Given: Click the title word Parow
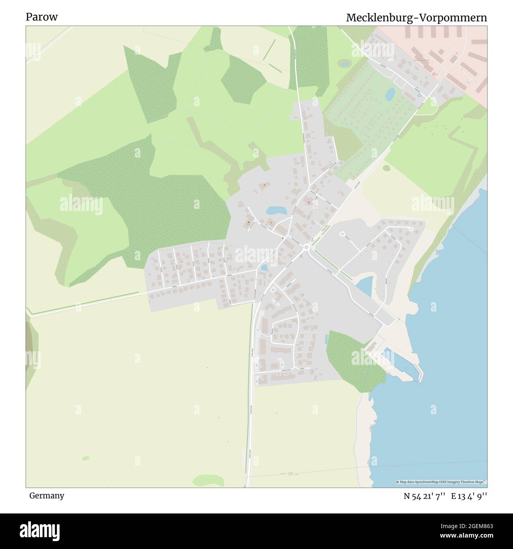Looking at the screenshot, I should click(x=42, y=17).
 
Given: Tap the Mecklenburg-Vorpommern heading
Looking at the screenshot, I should click(x=416, y=18).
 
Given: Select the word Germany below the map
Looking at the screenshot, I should click(x=47, y=495).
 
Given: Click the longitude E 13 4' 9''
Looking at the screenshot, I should click(x=469, y=496).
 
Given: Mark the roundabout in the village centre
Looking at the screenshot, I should click(x=306, y=247).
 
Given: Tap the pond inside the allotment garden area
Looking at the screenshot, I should click(x=390, y=94).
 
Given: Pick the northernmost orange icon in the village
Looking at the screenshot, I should click(x=264, y=184).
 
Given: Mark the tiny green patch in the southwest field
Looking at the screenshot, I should click(x=86, y=458).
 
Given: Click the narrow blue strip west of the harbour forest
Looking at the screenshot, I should click(x=326, y=338).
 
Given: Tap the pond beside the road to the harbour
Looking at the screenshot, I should click(x=365, y=285).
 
